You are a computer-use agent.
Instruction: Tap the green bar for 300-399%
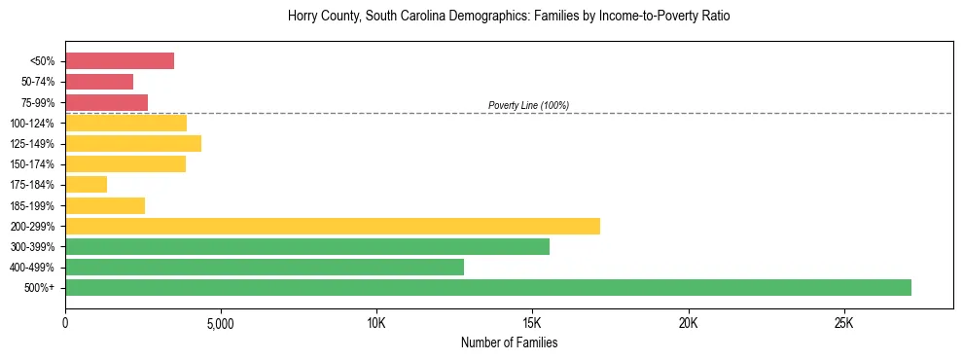pyautogui.click(x=307, y=246)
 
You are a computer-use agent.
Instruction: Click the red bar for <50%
pyautogui.click(x=120, y=61)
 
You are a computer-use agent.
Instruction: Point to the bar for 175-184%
pyautogui.click(x=86, y=184)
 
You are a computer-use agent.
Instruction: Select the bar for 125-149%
pyautogui.click(x=133, y=143)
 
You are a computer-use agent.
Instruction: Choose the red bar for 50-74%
pyautogui.click(x=99, y=82)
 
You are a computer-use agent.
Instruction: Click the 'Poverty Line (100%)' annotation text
pyautogui.click(x=528, y=105)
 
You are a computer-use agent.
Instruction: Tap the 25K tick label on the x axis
pyautogui.click(x=843, y=323)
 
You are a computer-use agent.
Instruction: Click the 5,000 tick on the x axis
pyautogui.click(x=221, y=323)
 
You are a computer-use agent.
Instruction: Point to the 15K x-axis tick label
pyautogui.click(x=532, y=323)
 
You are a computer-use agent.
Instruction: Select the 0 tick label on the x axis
pyautogui.click(x=65, y=323)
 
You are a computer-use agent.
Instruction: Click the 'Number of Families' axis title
pyautogui.click(x=509, y=342)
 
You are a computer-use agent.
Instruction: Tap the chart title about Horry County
pyautogui.click(x=509, y=17)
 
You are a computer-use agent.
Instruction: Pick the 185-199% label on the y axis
pyautogui.click(x=33, y=205)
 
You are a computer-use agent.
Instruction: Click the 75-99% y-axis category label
pyautogui.click(x=36, y=103)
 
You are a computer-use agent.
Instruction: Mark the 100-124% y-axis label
pyautogui.click(x=33, y=124)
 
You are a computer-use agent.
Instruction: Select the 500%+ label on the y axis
pyautogui.click(x=40, y=288)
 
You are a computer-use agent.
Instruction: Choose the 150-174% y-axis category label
pyautogui.click(x=33, y=164)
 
